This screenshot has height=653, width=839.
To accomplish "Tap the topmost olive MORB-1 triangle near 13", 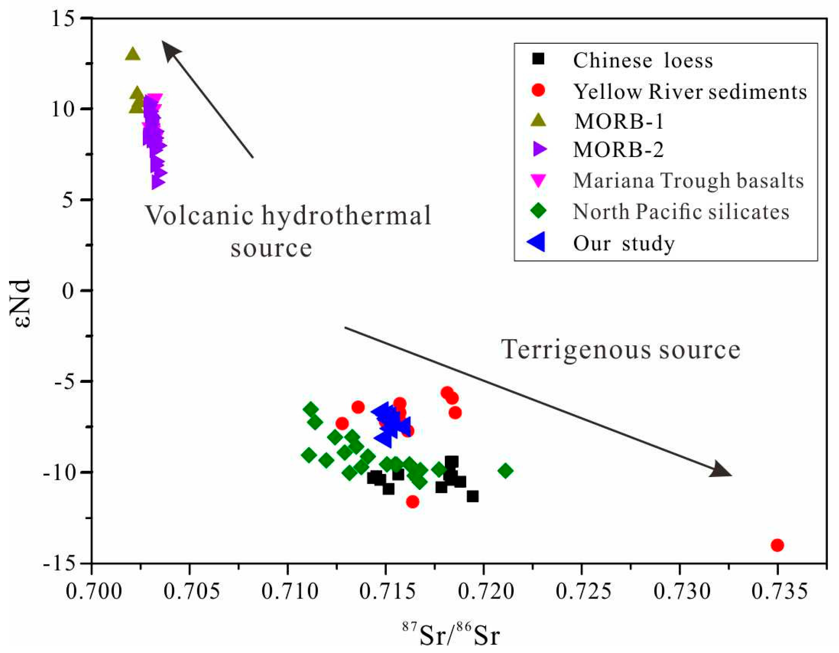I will point(133,54).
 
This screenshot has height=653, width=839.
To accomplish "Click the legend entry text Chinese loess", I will point(643,60).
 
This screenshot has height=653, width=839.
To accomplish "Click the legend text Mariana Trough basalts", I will point(688,180).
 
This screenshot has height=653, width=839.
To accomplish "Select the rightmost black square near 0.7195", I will point(473,496).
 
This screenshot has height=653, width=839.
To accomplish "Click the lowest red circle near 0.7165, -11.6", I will point(412,502).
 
